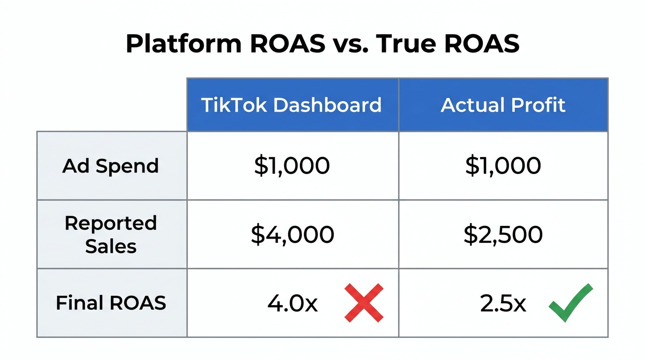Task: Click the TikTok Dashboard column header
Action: coord(291,105)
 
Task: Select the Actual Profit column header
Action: coord(503,105)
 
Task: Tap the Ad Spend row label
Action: coord(111,166)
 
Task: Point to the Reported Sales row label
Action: coord(111,234)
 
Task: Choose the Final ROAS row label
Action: coord(111,303)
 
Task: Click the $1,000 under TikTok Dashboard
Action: coord(292,166)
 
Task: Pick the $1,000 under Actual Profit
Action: coord(503,166)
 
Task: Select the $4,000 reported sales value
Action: coord(292,234)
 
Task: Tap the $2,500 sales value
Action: coord(503,234)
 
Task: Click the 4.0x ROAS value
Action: coord(292,303)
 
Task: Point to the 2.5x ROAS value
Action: coord(503,303)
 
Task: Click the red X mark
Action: coord(364,303)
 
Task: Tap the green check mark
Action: coord(570,302)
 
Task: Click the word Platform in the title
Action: coord(183,45)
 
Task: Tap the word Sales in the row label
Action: coord(111,246)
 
